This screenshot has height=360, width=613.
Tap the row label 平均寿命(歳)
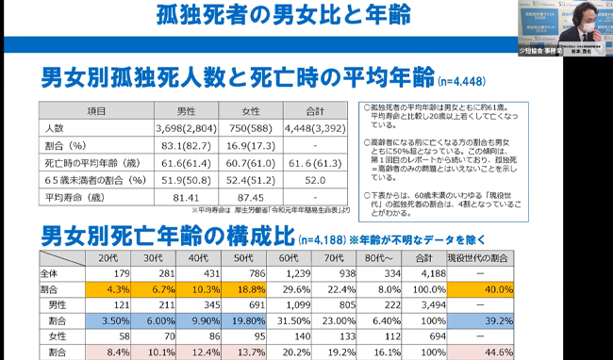click(x=75, y=199)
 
